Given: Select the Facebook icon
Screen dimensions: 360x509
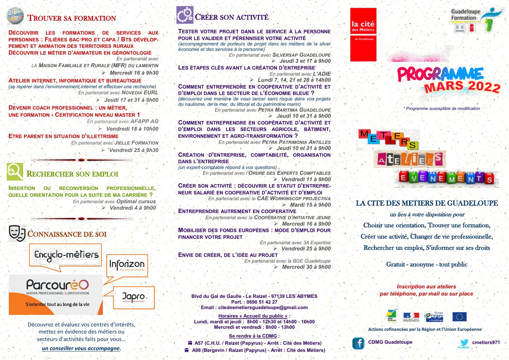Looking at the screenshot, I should pyautogui.click(x=358, y=343).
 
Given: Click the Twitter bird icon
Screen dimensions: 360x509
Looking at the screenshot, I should pyautogui.click(x=464, y=343).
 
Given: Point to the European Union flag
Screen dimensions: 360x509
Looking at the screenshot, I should pyautogui.click(x=459, y=317).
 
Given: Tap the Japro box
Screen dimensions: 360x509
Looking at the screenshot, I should pyautogui.click(x=134, y=298).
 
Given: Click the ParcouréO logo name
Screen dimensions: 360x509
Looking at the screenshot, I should pyautogui.click(x=57, y=284).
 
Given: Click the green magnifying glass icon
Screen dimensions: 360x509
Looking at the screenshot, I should pyautogui.click(x=15, y=172).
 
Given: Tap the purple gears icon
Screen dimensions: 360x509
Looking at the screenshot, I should pyautogui.click(x=185, y=15).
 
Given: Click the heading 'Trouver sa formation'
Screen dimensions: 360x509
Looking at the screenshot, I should pyautogui.click(x=72, y=18).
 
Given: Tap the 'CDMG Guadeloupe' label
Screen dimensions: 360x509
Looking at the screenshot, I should pyautogui.click(x=390, y=342).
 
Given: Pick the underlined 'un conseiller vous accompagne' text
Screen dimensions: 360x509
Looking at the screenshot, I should pyautogui.click(x=81, y=348).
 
